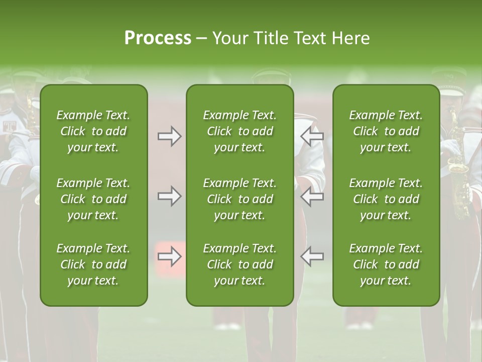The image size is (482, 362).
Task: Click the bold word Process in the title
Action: coord(158,38)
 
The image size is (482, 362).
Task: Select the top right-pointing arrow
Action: coord(169,136)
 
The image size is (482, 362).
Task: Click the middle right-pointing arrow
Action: coord(169,196)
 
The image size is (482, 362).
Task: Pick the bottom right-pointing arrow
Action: coord(169,256)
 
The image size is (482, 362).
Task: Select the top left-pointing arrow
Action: coord(312,136)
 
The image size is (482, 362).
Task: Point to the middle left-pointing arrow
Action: coord(312,196)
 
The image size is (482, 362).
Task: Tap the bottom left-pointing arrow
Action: coord(312,256)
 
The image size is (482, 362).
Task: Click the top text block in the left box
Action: coord(93,131)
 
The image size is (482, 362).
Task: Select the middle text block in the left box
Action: coord(93,199)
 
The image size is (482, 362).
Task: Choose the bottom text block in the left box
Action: coord(93,264)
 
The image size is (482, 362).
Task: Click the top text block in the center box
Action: coord(239,131)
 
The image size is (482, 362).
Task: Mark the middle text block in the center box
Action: coord(239,199)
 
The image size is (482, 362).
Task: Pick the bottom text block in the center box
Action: coord(239,264)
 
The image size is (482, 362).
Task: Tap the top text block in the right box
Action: coord(386,131)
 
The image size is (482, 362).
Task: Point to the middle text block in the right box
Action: coord(386,199)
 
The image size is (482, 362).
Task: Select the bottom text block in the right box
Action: coord(386,264)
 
